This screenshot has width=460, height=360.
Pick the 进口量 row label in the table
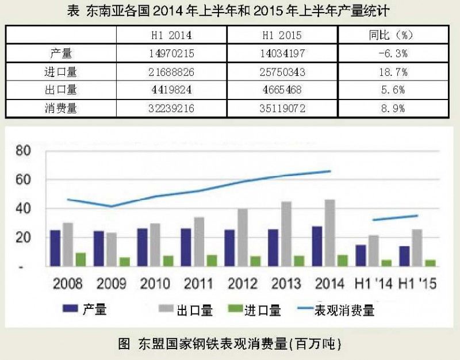61,72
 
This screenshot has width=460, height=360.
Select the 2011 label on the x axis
198,284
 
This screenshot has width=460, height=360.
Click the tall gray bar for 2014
330,232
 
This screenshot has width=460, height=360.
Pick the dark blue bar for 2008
55,248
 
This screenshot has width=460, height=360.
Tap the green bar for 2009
124,262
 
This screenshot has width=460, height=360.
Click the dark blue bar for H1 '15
404,256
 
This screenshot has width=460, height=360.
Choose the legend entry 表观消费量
344,311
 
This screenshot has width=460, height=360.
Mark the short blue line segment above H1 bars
394,217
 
